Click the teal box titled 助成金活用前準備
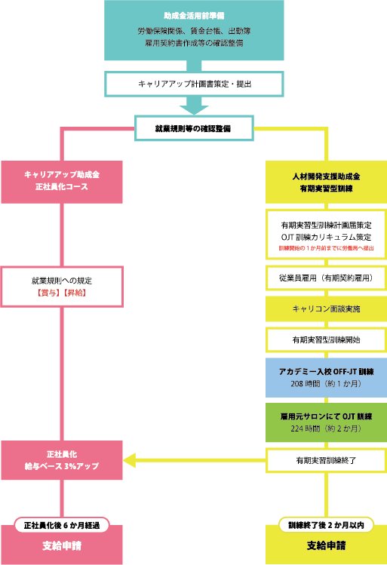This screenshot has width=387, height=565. tap(193, 30)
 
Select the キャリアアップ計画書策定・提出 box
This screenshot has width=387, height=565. tap(193, 83)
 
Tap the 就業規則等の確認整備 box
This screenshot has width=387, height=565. tap(193, 128)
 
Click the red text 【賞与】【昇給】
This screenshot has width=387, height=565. tap(62, 291)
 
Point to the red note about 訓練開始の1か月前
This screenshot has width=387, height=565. tap(327, 247)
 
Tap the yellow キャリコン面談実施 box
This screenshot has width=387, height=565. tap(327, 309)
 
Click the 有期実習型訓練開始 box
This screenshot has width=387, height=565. tap(327, 340)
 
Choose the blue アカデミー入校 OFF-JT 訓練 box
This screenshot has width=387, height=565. tap(327, 378)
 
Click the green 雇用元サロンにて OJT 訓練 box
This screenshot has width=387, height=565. tap(327, 422)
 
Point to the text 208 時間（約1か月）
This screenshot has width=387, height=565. tap(327, 384)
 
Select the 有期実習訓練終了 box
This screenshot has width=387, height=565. tap(327, 459)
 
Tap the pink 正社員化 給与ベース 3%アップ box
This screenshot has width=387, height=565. tap(62, 459)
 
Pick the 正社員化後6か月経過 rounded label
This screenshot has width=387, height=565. tap(62, 524)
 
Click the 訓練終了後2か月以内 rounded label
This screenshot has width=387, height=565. tap(327, 524)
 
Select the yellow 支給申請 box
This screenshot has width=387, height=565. tap(327, 545)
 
